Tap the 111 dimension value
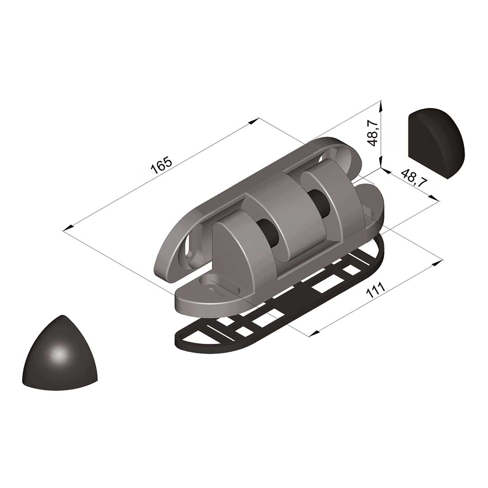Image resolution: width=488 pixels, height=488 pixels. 375,290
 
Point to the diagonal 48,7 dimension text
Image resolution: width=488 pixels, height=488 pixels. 413,178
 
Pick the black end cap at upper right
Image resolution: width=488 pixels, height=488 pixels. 436,143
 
